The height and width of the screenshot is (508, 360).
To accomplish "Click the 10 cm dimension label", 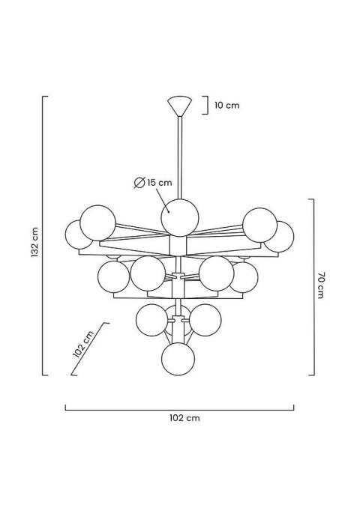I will click(226, 106).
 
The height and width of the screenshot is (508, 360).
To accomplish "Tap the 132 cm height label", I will click(34, 241).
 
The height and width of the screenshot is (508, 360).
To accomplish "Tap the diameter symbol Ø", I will click(139, 182).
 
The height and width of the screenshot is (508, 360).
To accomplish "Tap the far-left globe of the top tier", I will click(80, 235).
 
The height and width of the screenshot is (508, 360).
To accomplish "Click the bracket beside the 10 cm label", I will click(206, 106).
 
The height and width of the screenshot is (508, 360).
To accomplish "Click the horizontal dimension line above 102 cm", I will click(179, 408).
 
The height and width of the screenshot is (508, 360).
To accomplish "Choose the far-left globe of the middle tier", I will click(112, 276).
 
